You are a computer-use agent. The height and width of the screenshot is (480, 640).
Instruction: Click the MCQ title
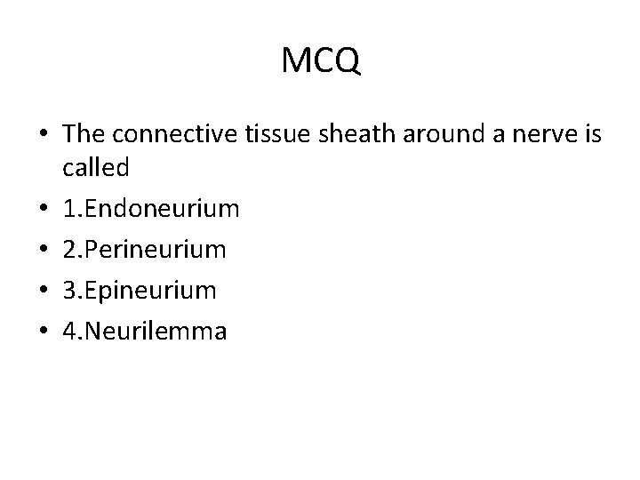[320, 60]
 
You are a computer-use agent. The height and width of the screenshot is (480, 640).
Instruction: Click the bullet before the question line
[44, 135]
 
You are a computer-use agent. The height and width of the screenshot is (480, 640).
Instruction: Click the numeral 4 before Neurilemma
[70, 332]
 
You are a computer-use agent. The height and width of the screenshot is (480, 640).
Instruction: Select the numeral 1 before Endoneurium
[69, 209]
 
